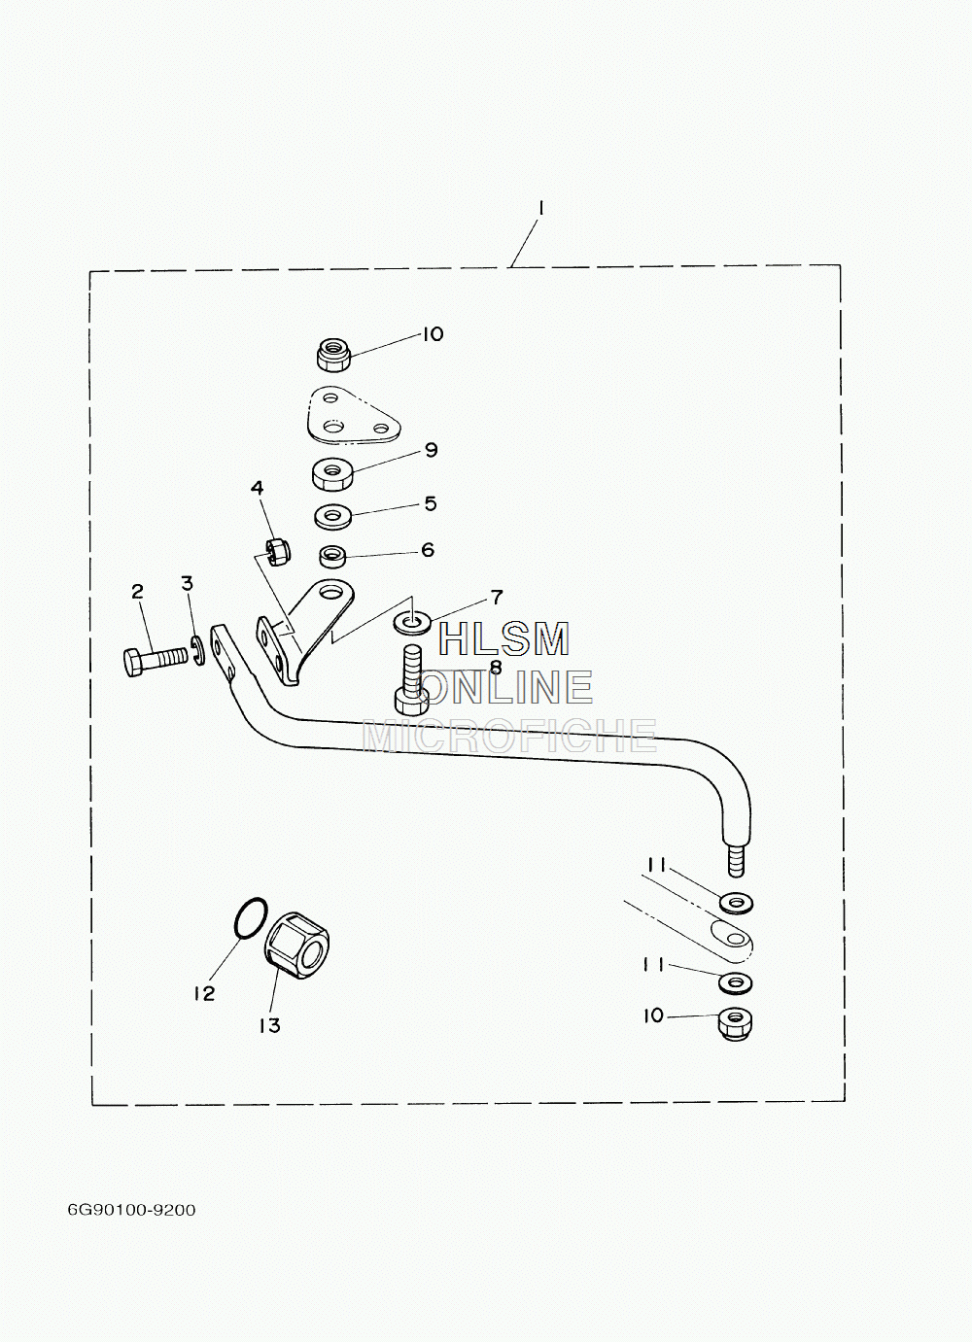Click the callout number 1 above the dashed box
pos(540,209)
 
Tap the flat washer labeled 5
pos(333,516)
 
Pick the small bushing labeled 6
pos(333,558)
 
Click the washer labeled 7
pos(411,623)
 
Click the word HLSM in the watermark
pos(504,639)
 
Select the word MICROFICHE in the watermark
pos(510,735)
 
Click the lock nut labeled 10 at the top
pos(333,354)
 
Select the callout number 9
pos(431,450)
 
